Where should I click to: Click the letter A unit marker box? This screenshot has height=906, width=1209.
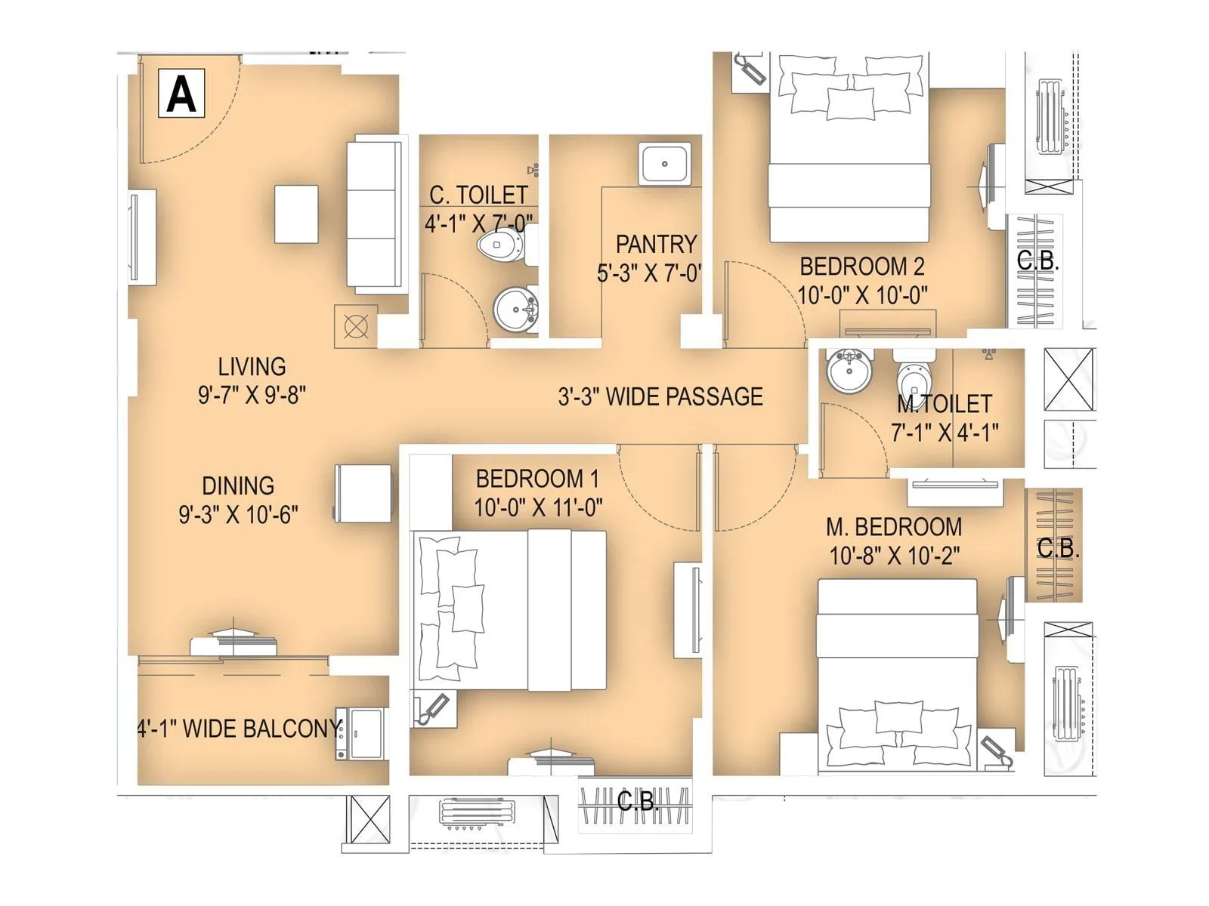coord(181,94)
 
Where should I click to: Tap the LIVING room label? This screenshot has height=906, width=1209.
coord(252,367)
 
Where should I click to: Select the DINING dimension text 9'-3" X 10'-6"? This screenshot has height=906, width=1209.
coord(238,515)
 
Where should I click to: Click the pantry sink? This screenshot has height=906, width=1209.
coord(664,163)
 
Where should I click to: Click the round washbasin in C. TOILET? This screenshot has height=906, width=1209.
coord(516,309)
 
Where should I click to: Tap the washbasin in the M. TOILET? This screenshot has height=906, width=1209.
coord(849,371)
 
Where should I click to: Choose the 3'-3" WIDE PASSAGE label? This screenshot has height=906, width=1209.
coord(660,397)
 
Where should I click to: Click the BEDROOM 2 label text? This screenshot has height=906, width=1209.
coord(861,267)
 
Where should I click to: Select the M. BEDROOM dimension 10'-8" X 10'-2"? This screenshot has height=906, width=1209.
coord(894,556)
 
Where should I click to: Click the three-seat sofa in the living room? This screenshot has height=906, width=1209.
coord(373,214)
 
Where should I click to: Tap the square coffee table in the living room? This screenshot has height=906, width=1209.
coord(296,214)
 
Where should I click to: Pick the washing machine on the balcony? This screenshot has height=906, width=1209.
coord(362,733)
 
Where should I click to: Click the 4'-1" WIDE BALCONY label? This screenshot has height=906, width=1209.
coord(239,729)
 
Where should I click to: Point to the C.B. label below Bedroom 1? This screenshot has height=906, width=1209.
coord(636,801)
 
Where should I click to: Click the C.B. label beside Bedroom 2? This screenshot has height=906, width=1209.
coord(1037,260)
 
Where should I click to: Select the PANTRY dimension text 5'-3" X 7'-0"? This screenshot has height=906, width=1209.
coord(649,273)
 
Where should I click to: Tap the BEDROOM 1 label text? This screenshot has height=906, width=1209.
coord(536,479)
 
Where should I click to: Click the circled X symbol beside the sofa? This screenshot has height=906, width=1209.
coord(356,327)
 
